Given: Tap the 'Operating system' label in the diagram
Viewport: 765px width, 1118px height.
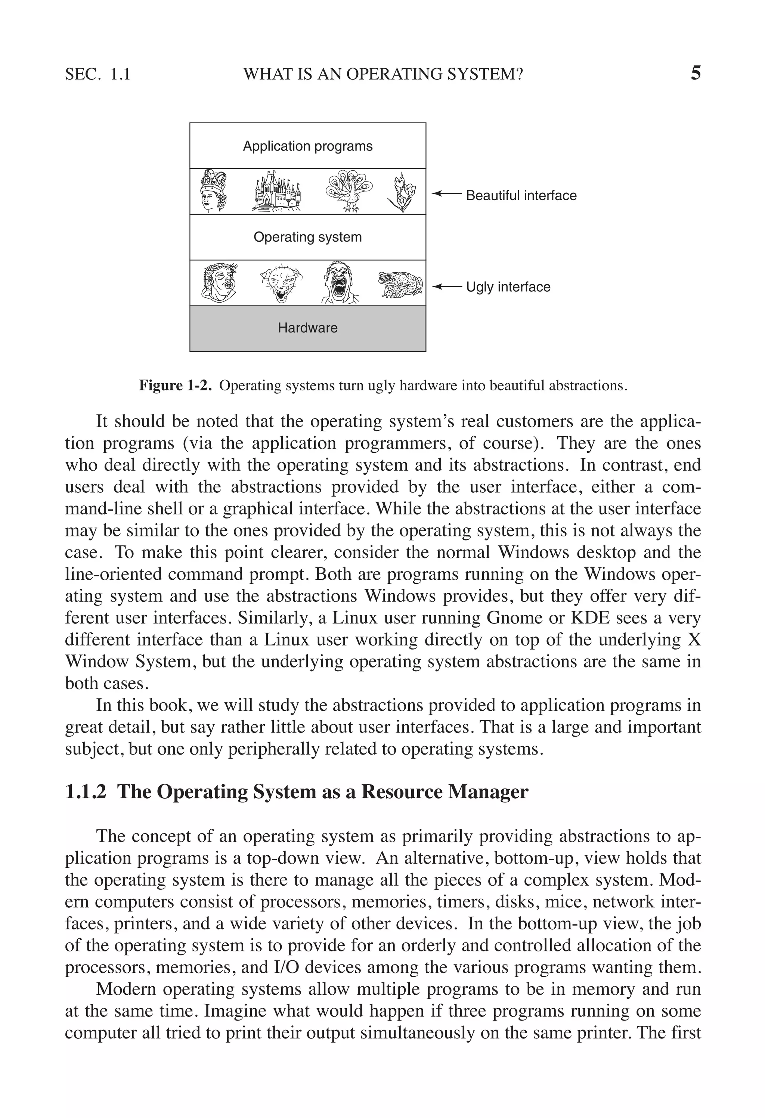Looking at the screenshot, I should click(307, 237).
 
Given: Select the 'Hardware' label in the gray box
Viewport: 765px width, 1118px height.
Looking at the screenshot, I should click(307, 328).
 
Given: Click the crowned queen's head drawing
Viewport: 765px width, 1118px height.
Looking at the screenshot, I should click(213, 191).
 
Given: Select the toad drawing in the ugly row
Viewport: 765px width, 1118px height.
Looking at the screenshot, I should click(400, 284).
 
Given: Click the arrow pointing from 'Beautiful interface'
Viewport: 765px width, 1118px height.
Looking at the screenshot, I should click(446, 193).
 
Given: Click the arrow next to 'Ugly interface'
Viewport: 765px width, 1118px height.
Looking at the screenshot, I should click(446, 287).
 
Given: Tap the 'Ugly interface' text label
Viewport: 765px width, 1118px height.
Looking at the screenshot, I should click(508, 287).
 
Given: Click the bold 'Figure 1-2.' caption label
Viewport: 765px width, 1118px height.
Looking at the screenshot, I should click(175, 385).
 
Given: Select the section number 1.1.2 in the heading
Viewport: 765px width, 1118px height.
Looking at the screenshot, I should click(85, 792).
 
